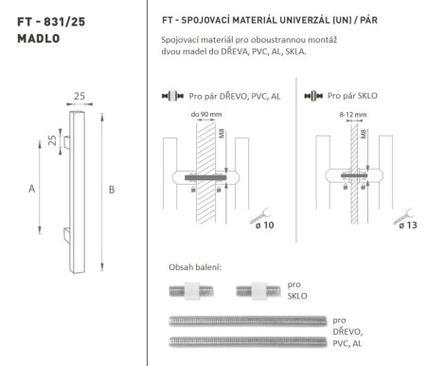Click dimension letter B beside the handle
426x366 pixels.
[113, 189]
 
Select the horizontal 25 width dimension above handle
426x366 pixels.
[80, 96]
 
